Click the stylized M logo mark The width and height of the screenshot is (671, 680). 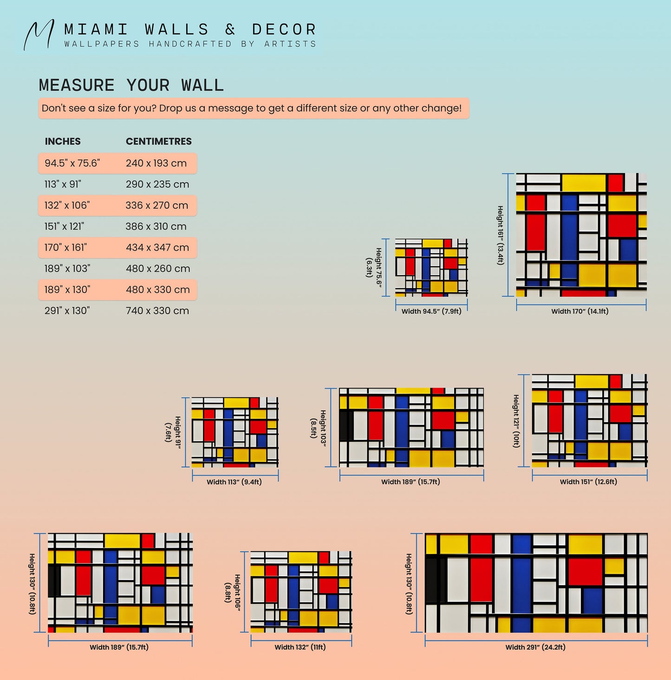click(x=39, y=34)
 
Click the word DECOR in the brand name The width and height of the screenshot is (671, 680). click(x=284, y=29)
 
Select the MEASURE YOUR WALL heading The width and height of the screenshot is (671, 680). click(x=131, y=85)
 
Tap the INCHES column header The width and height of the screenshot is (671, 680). click(x=63, y=141)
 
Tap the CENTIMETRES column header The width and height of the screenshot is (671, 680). click(x=159, y=141)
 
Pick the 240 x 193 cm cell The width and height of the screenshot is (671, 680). click(x=156, y=163)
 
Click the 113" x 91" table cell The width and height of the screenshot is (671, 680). click(x=63, y=184)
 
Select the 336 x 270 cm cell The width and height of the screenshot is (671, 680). click(x=157, y=205)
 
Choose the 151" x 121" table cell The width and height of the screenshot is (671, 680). click(x=64, y=226)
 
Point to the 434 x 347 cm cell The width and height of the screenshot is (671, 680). click(x=157, y=247)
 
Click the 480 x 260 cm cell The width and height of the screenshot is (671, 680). click(x=158, y=269)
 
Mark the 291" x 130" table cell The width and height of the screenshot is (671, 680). click(x=67, y=310)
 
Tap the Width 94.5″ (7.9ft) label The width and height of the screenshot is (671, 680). click(x=431, y=311)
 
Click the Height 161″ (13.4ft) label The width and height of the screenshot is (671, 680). click(x=500, y=235)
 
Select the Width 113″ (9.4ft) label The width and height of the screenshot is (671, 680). click(x=234, y=482)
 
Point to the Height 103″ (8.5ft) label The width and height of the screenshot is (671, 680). click(x=318, y=428)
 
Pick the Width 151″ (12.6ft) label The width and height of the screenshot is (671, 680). click(x=588, y=482)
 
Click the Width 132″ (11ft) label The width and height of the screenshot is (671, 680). click(x=300, y=647)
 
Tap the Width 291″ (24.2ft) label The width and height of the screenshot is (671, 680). click(x=535, y=647)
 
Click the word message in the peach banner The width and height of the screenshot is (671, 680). click(x=231, y=108)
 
